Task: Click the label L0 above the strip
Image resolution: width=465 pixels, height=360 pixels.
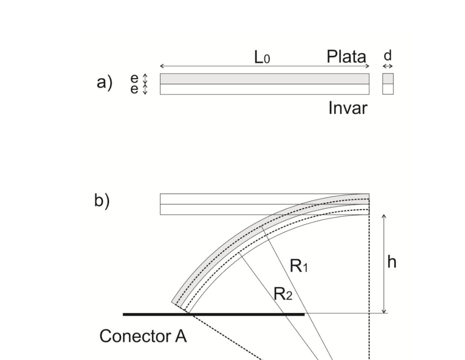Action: (x=262, y=57)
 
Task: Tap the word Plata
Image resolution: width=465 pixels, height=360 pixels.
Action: (x=346, y=57)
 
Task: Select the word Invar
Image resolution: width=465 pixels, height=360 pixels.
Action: (x=348, y=108)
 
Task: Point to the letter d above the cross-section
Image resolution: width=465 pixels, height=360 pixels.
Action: (x=388, y=55)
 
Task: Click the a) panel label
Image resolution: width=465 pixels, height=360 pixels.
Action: (x=104, y=82)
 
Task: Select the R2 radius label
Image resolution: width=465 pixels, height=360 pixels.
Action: (x=283, y=294)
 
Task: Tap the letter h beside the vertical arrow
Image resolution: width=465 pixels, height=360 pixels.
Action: (x=392, y=262)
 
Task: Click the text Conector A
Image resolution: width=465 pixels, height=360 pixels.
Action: (x=143, y=336)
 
